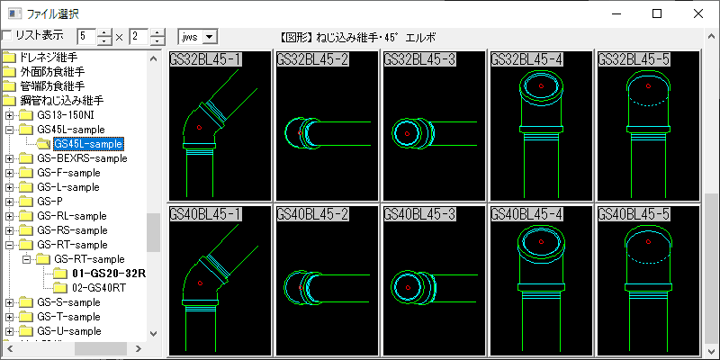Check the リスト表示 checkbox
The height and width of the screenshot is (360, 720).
pyautogui.click(x=7, y=35)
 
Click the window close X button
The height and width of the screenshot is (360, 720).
pyautogui.click(x=698, y=13)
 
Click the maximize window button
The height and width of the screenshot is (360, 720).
pyautogui.click(x=657, y=13)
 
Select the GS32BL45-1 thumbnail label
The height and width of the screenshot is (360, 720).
pyautogui.click(x=205, y=59)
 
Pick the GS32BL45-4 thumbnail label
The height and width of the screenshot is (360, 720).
pyautogui.click(x=526, y=59)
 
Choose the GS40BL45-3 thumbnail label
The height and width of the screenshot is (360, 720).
pyautogui.click(x=419, y=214)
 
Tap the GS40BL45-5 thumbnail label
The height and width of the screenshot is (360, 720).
pyautogui.click(x=634, y=214)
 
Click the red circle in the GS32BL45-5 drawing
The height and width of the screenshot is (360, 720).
pyautogui.click(x=648, y=85)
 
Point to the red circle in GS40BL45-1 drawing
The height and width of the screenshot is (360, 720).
pyautogui.click(x=200, y=283)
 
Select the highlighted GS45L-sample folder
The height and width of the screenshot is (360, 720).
pyautogui.click(x=88, y=144)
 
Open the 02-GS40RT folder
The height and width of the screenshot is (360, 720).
pyautogui.click(x=99, y=288)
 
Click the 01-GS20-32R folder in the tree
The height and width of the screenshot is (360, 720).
pyautogui.click(x=109, y=274)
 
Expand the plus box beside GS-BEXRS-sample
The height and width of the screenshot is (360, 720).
pyautogui.click(x=9, y=159)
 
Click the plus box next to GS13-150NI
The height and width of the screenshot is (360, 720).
pyautogui.click(x=9, y=115)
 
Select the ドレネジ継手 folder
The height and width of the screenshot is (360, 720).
pyautogui.click(x=49, y=58)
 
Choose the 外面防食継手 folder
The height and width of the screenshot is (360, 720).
pyautogui.click(x=53, y=72)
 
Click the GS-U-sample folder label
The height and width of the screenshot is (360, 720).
pyautogui.click(x=69, y=331)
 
